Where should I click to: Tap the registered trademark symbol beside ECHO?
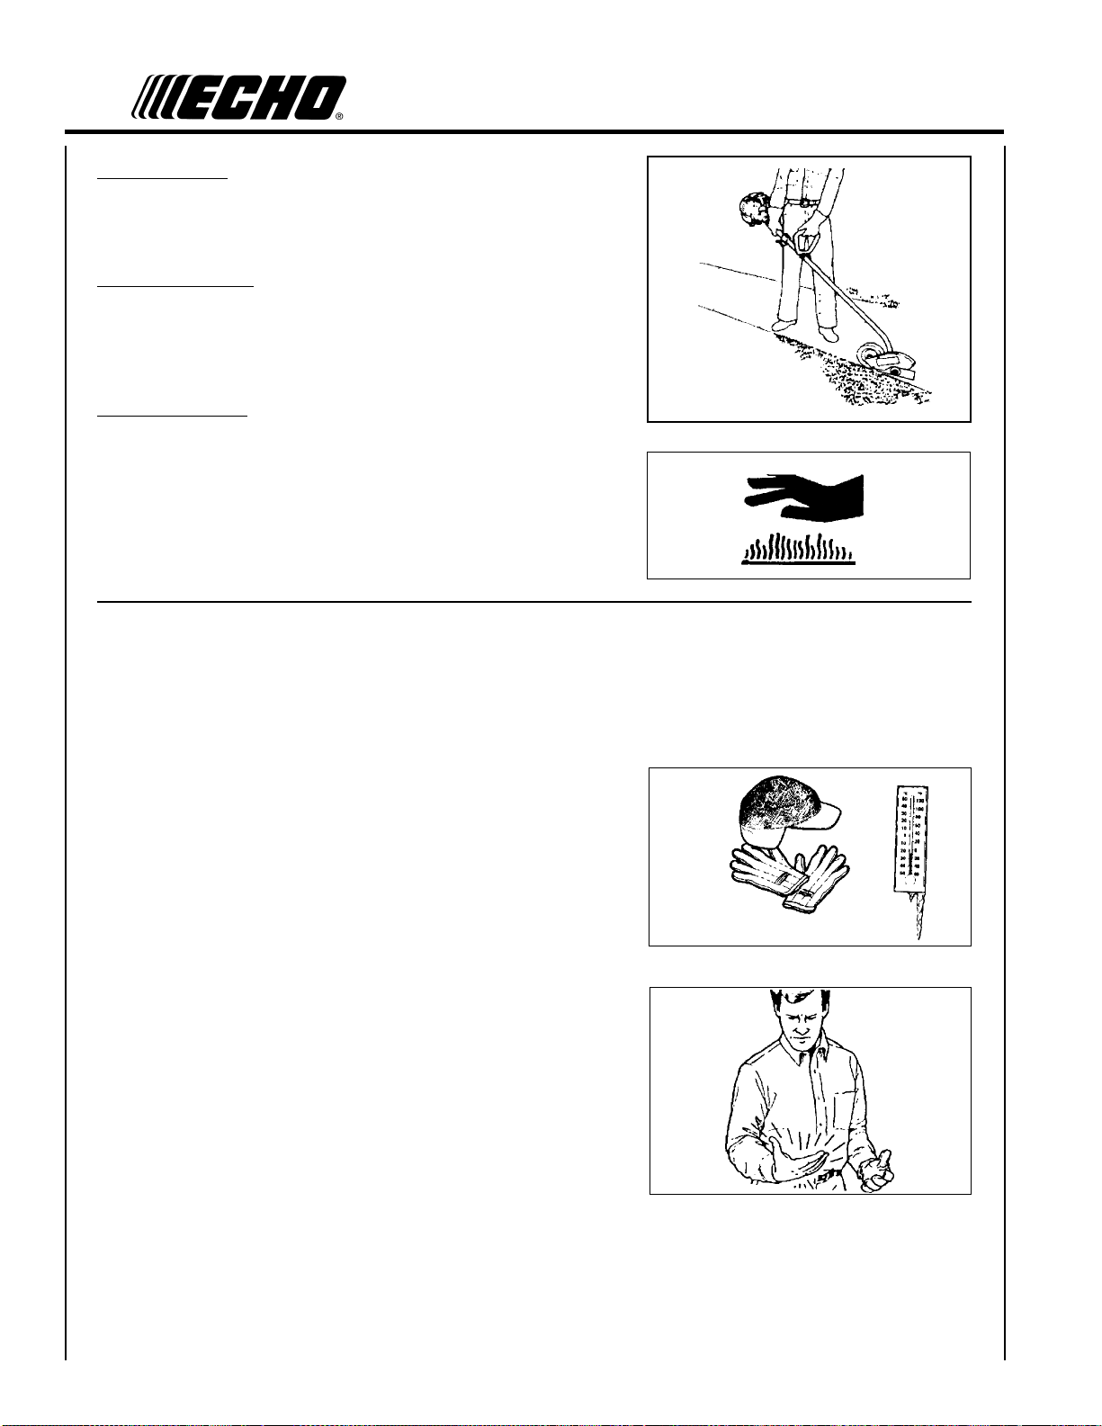click(339, 117)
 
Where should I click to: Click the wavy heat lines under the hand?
click(798, 549)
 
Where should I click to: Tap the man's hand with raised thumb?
click(876, 1172)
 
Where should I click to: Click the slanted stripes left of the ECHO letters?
click(155, 98)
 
